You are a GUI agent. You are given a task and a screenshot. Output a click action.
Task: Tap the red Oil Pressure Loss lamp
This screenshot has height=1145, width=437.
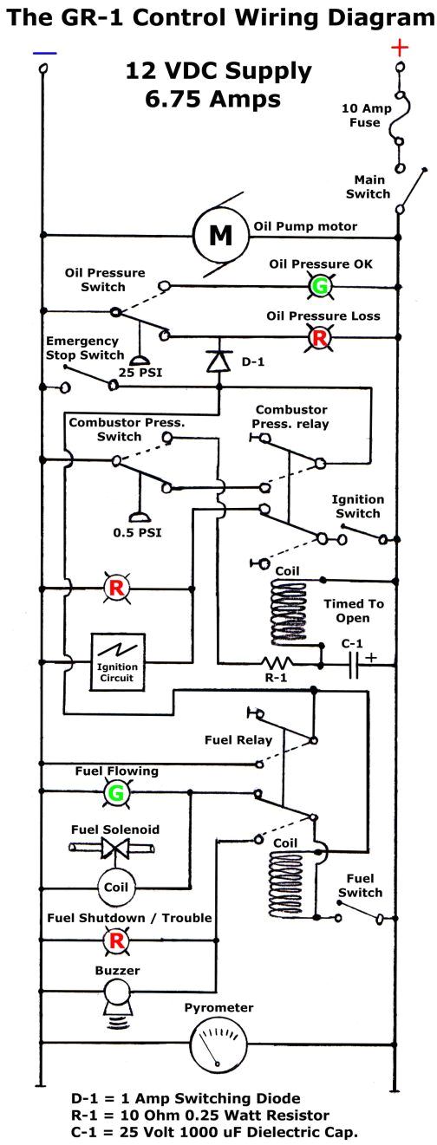click(320, 336)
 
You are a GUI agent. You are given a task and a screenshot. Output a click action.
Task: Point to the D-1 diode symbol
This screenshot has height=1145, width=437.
click(216, 360)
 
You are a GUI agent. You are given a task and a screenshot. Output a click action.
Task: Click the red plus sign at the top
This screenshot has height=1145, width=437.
click(400, 47)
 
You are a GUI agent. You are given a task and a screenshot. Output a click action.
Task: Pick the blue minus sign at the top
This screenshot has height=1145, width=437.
click(44, 53)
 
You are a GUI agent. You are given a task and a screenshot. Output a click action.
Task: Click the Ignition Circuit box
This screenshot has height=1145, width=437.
click(116, 662)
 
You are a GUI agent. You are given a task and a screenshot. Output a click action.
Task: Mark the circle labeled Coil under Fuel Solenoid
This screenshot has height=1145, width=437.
click(115, 888)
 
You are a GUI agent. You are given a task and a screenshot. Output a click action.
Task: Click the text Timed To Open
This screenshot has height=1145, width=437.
click(352, 610)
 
